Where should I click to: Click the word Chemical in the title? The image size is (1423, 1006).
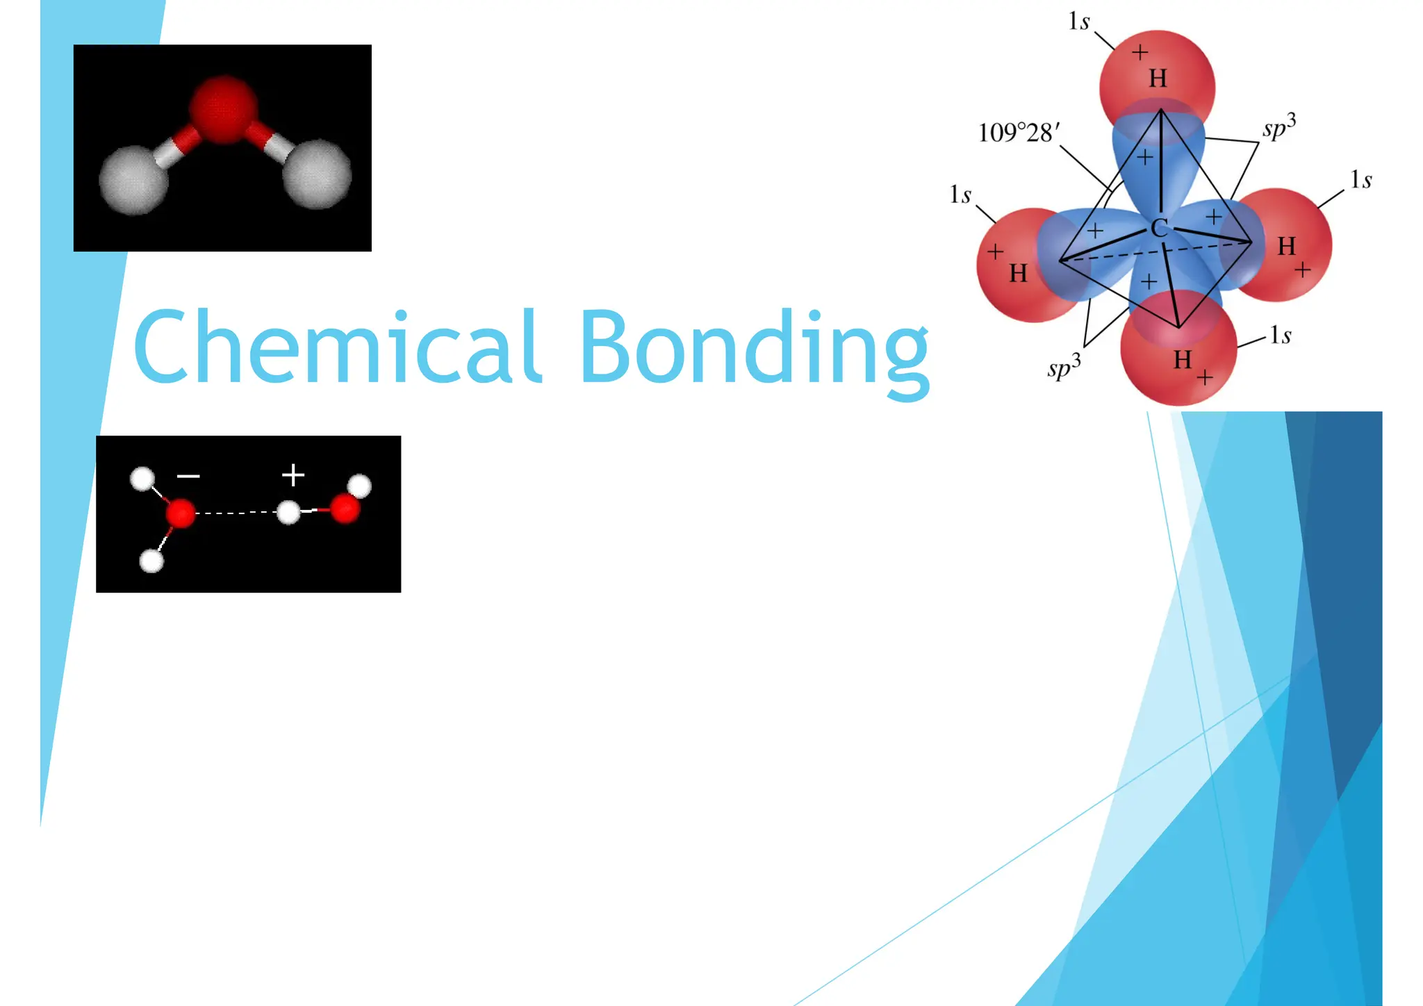(336, 346)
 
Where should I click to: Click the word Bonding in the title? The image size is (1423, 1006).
(753, 347)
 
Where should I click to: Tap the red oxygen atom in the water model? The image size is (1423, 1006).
(224, 109)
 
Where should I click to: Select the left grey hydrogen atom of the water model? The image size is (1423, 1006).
(133, 179)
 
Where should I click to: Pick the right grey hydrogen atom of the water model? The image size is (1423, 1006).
(317, 174)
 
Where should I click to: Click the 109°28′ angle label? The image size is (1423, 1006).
(1019, 132)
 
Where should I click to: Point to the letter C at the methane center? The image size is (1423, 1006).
(1158, 228)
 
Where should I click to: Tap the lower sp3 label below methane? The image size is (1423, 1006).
(1064, 366)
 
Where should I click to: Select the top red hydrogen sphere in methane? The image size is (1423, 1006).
(1158, 69)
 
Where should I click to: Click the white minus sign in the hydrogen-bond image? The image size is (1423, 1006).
(188, 476)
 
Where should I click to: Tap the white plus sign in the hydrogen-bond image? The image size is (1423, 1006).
(293, 475)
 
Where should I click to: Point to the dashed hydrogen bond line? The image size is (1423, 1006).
(236, 513)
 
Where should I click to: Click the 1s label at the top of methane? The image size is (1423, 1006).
(1078, 22)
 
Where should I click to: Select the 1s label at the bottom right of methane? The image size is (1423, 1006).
(1281, 336)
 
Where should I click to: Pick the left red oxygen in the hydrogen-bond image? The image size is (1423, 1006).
(181, 513)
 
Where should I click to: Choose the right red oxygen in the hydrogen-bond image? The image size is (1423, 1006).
(345, 509)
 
